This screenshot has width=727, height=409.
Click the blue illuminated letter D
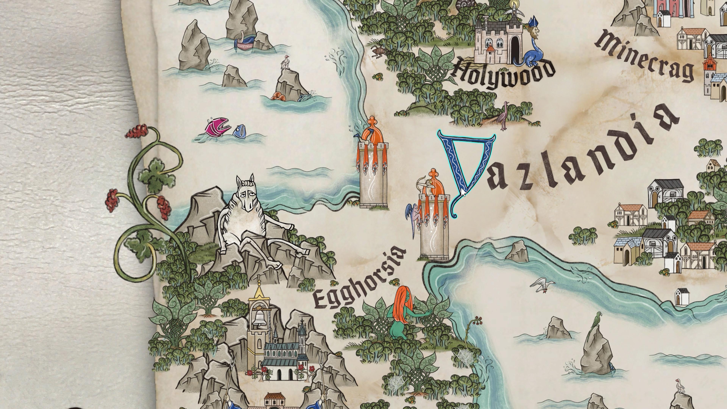pyautogui.click(x=466, y=169)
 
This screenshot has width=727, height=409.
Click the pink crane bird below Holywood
pyautogui.click(x=503, y=116)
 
